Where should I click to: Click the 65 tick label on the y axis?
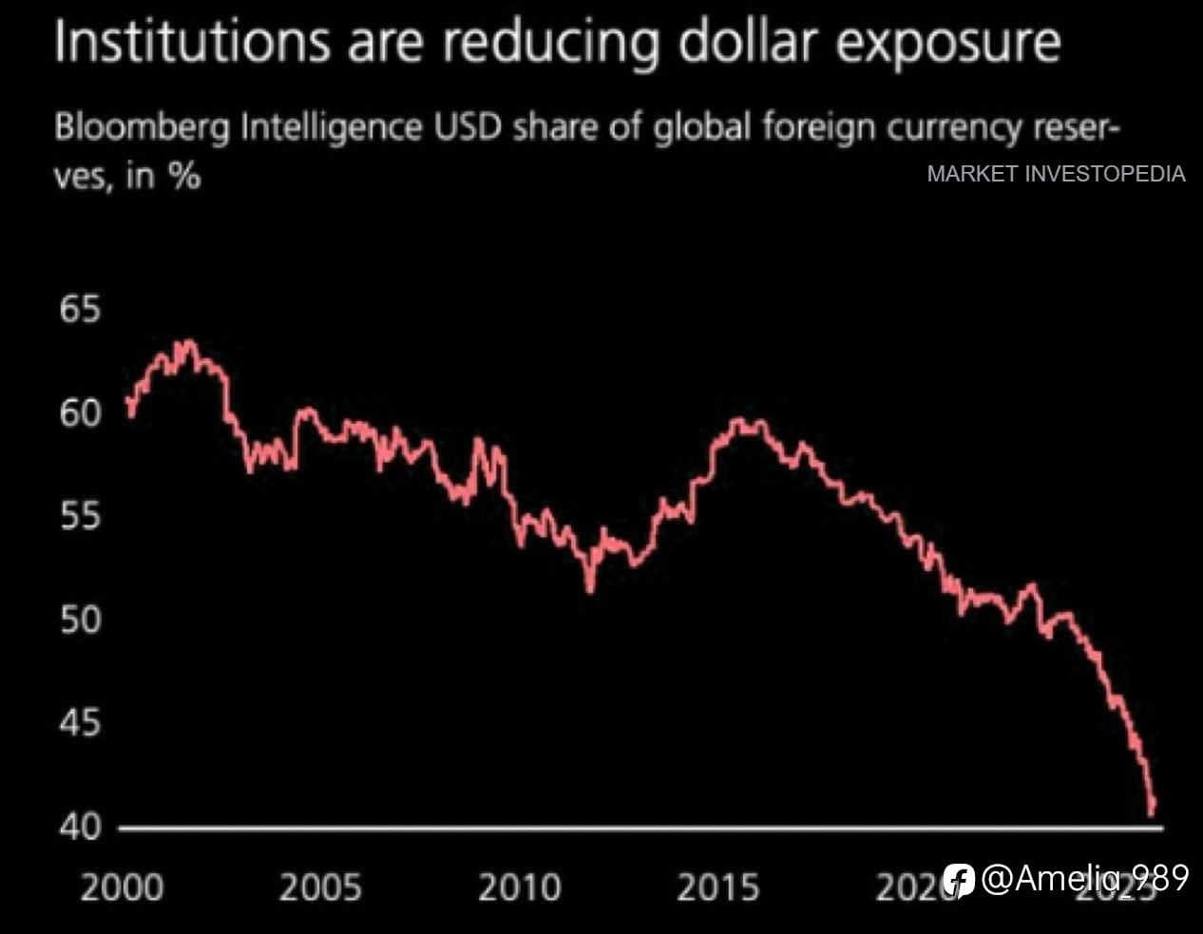79,311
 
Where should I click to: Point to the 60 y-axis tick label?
79,414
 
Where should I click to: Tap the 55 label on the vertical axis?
79,517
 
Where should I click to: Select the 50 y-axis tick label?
79,620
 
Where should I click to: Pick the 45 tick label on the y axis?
79,724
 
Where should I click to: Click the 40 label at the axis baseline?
79,827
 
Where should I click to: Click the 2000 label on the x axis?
122,888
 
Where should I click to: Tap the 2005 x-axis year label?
320,888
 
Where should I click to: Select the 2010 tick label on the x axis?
519,888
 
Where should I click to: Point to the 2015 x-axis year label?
717,888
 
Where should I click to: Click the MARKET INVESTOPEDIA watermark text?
1056,174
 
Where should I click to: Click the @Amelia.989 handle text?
1084,878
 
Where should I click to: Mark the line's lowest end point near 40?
1153,813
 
